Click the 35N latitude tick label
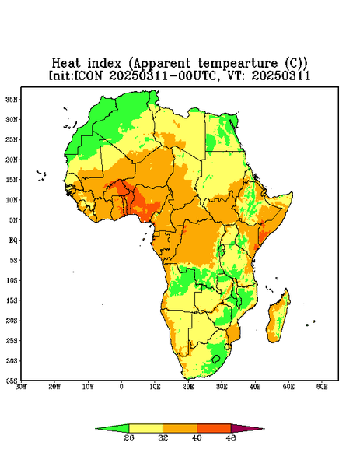click(x=12, y=100)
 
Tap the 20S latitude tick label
click(x=12, y=321)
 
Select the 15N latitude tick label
click(x=12, y=180)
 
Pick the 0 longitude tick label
click(x=121, y=387)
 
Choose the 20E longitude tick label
click(x=188, y=387)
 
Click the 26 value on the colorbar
click(x=129, y=437)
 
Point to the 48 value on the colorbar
click(x=231, y=437)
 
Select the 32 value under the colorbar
click(x=163, y=437)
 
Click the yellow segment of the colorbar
click(x=145, y=428)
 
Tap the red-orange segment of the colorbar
click(x=214, y=428)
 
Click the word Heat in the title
click(x=66, y=64)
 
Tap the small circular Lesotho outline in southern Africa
click(x=216, y=359)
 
